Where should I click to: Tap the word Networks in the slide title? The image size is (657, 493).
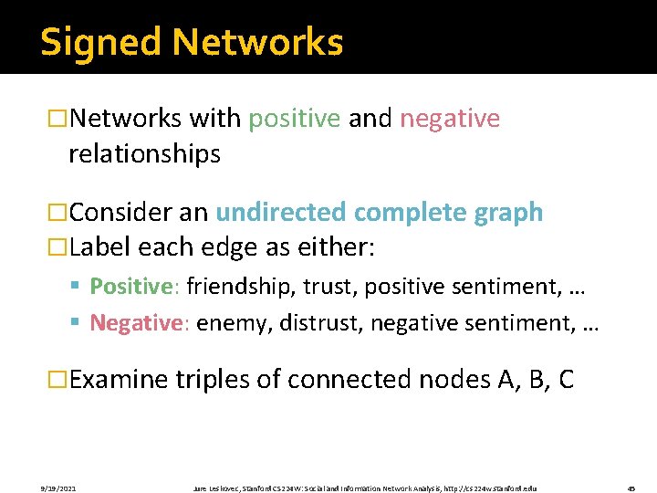tap(257, 43)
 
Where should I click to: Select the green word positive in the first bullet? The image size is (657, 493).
tap(295, 119)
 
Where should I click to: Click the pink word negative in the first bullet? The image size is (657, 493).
tap(450, 119)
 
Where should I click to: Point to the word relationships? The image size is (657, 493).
tap(144, 154)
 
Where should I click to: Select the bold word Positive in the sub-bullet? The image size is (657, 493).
tap(131, 287)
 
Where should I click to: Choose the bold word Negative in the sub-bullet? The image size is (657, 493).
tap(134, 322)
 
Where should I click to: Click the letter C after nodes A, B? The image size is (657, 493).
tap(565, 379)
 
